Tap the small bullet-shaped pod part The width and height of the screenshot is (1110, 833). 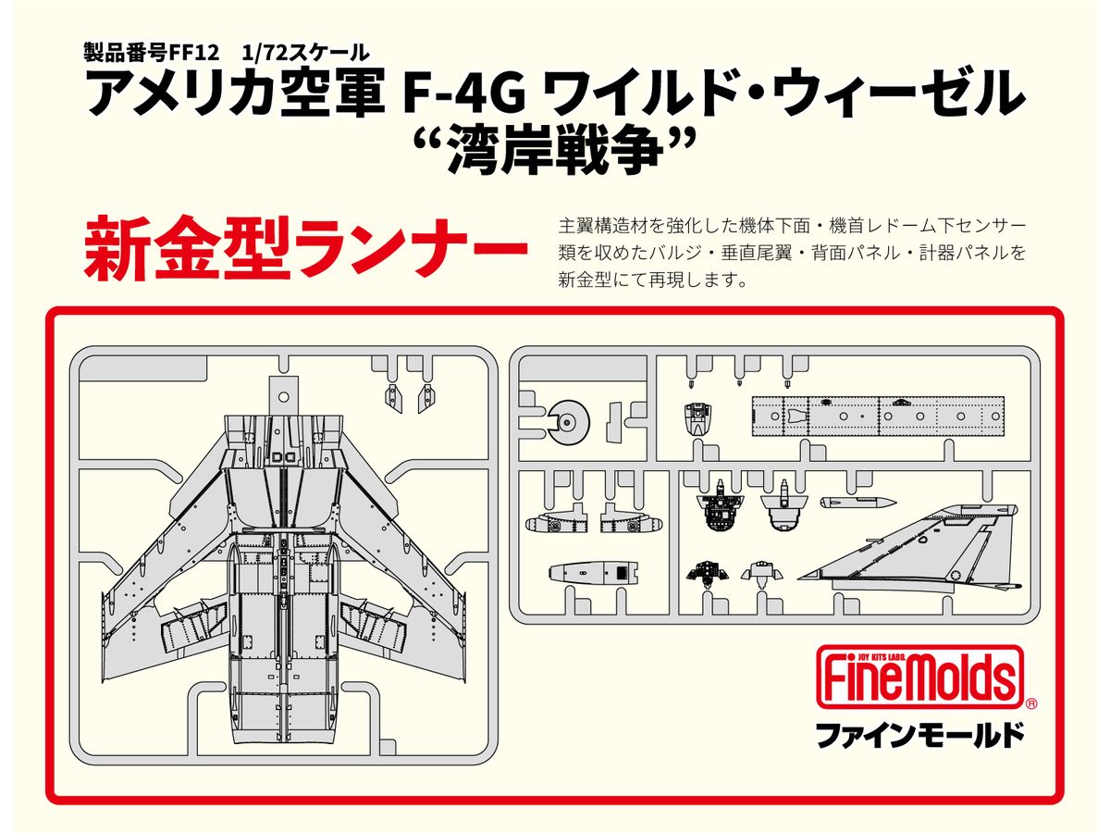coord(857,503)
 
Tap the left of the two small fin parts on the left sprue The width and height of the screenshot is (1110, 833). coord(392,397)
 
